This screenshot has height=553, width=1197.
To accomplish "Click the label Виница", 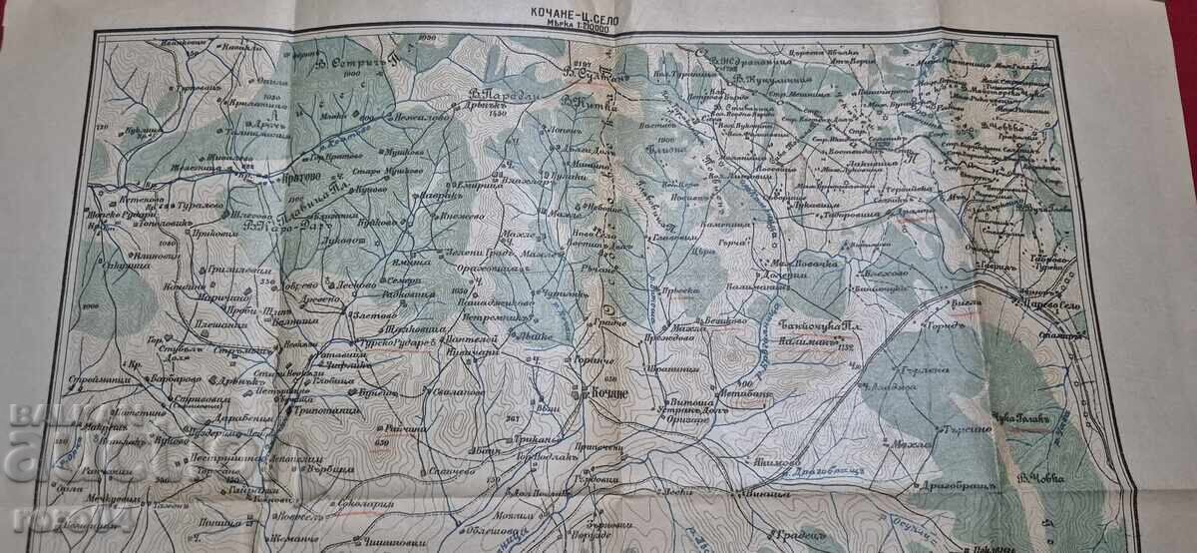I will coord(755,493).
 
